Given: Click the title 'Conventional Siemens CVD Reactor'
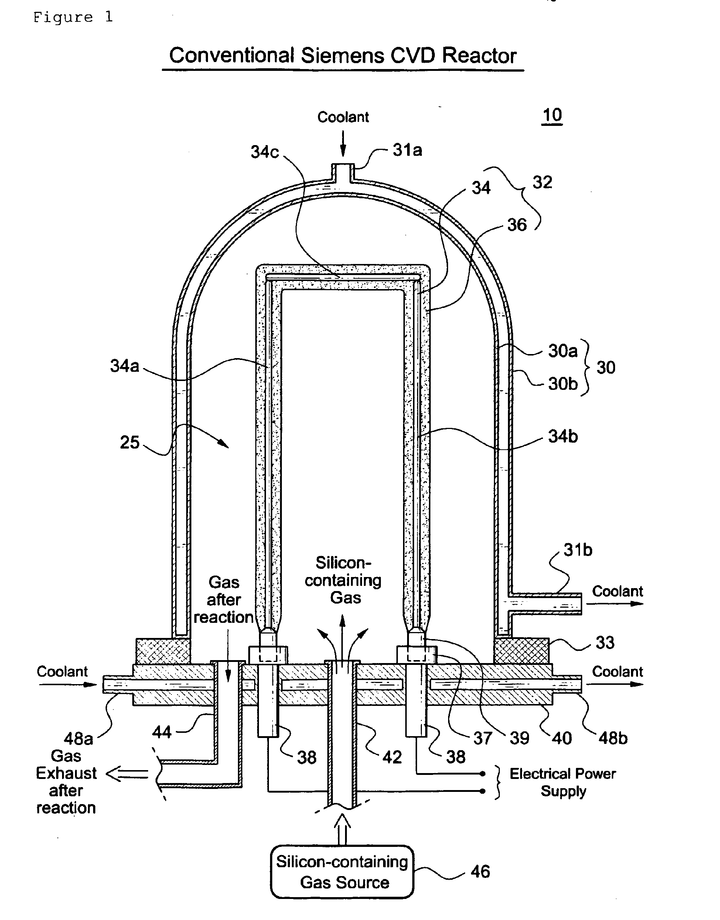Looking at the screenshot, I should (342, 56).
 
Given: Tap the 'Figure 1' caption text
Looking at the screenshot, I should (73, 17).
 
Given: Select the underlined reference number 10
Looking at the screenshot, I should (552, 115).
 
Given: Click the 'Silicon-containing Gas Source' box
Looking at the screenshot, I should (342, 871).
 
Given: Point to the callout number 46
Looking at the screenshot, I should (480, 871).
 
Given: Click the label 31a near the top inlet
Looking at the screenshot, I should (407, 150).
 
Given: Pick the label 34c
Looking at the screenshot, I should (265, 152).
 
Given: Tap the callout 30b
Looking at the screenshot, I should (562, 384).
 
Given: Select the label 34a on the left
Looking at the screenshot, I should (124, 365).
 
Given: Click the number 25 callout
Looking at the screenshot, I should (129, 442).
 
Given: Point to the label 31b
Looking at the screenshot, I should (577, 550).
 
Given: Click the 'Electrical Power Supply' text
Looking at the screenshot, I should (562, 782).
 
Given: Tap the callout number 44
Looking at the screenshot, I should (161, 732).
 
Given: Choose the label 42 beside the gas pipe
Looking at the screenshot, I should (392, 757).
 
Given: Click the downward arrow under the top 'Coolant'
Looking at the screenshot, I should (343, 144).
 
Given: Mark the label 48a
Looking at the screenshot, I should (78, 738).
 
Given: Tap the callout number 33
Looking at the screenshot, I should (604, 643).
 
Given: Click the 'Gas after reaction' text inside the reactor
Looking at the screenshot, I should (223, 600).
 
